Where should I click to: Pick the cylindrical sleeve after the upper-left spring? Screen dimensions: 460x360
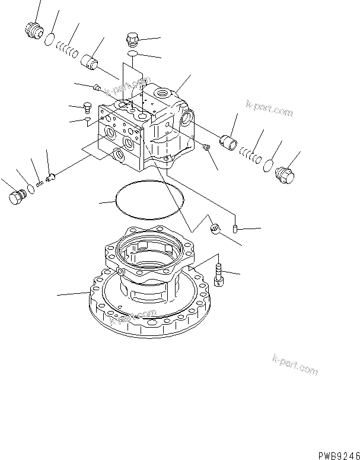point(91,61)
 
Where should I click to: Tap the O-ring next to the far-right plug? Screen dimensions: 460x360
point(268,165)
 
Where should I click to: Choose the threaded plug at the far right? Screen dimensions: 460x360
point(285,175)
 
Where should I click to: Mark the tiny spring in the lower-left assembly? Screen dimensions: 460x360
point(39,183)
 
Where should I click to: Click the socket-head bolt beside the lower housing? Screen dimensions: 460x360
point(219,274)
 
